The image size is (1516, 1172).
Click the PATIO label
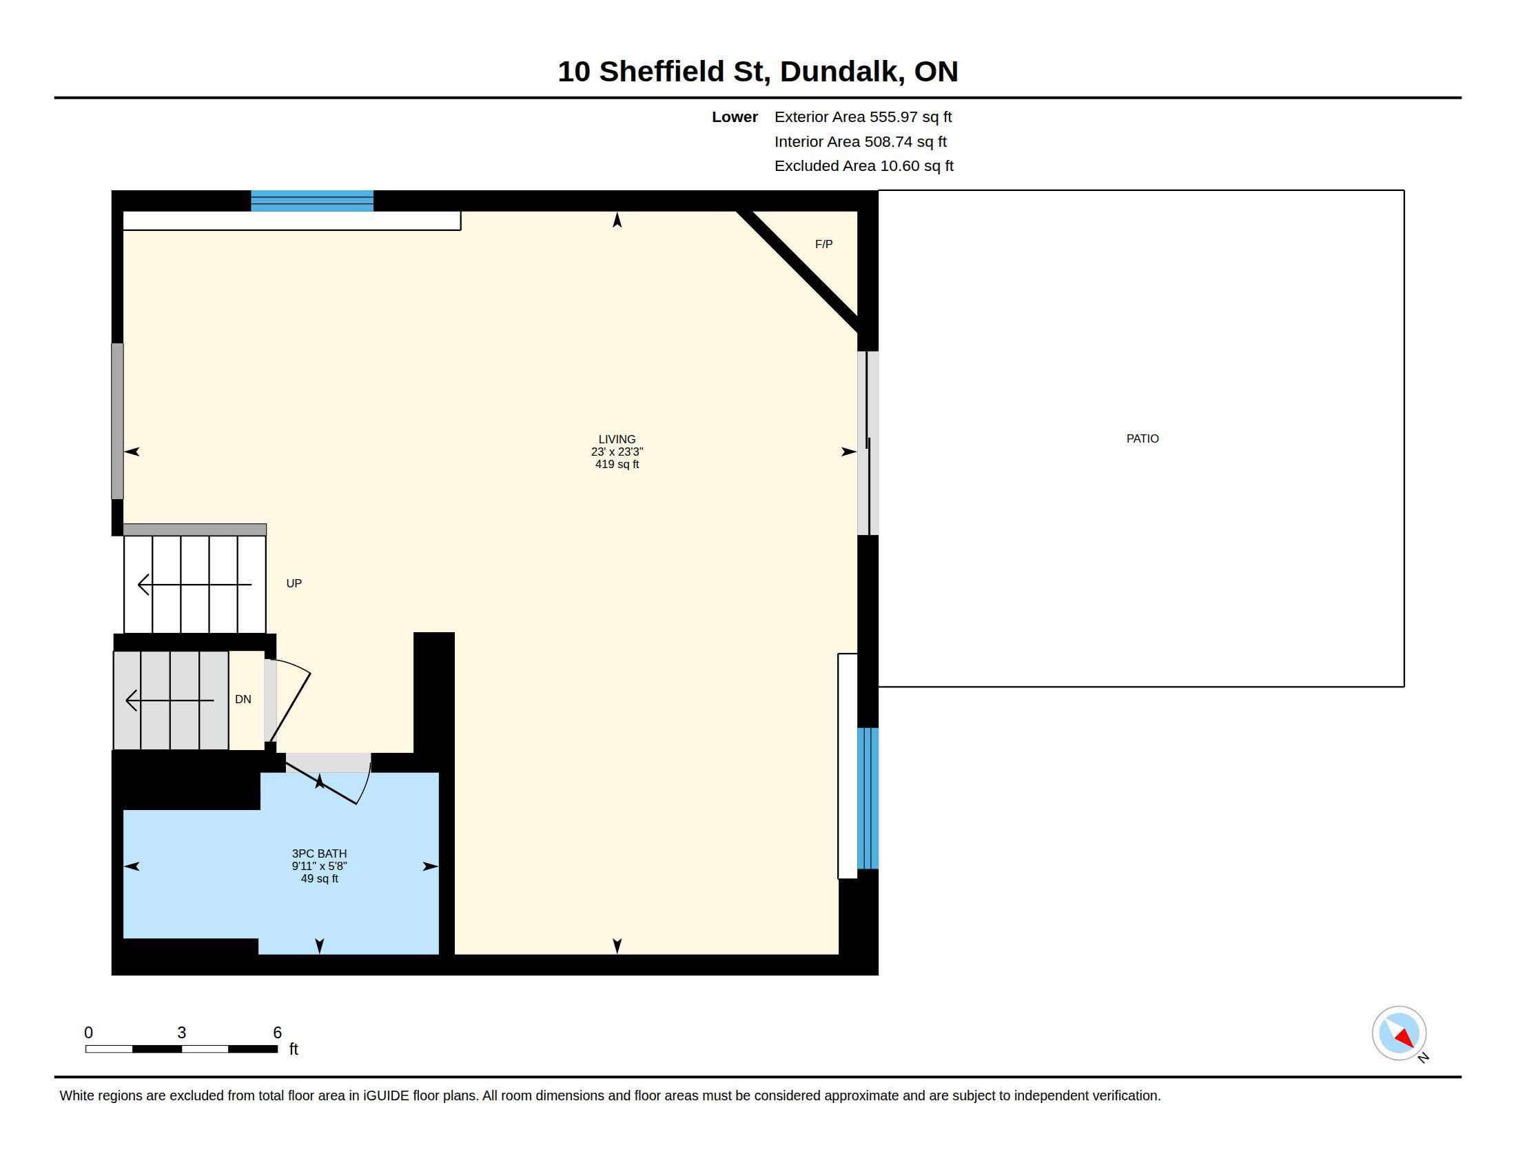1142,438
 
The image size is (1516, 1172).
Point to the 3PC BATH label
319,853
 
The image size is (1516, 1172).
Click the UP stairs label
294,583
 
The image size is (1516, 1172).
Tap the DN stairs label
243,699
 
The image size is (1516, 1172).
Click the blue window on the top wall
311,201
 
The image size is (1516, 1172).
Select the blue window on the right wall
868,798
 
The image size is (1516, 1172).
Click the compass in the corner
1399,1033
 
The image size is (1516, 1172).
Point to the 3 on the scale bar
182,1033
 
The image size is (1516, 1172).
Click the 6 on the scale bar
277,1033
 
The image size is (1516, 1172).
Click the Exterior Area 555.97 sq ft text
863,117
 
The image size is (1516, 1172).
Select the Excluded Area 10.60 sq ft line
863,166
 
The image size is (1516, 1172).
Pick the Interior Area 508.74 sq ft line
860,141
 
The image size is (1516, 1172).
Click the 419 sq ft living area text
617,464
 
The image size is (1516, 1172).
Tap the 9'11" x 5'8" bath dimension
319,866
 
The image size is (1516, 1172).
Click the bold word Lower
735,117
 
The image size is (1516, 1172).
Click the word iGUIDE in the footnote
386,1095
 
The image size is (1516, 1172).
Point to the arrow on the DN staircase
170,700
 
